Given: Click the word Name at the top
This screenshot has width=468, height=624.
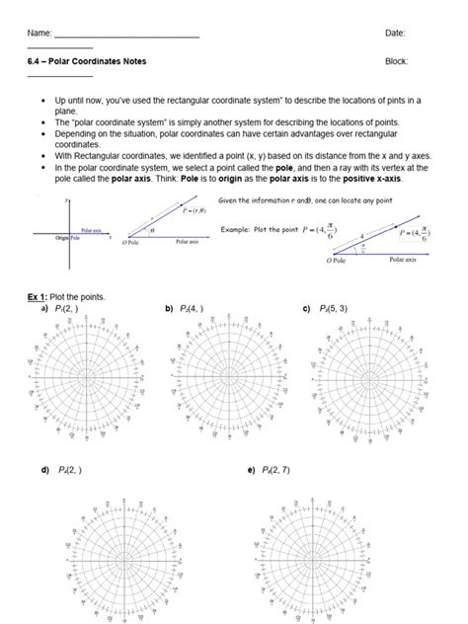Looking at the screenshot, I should (x=39, y=34).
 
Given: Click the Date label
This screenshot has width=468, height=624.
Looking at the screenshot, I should (x=395, y=34).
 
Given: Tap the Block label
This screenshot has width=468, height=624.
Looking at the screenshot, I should (x=396, y=61).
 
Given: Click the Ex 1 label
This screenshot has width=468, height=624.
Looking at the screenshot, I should (x=38, y=297).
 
